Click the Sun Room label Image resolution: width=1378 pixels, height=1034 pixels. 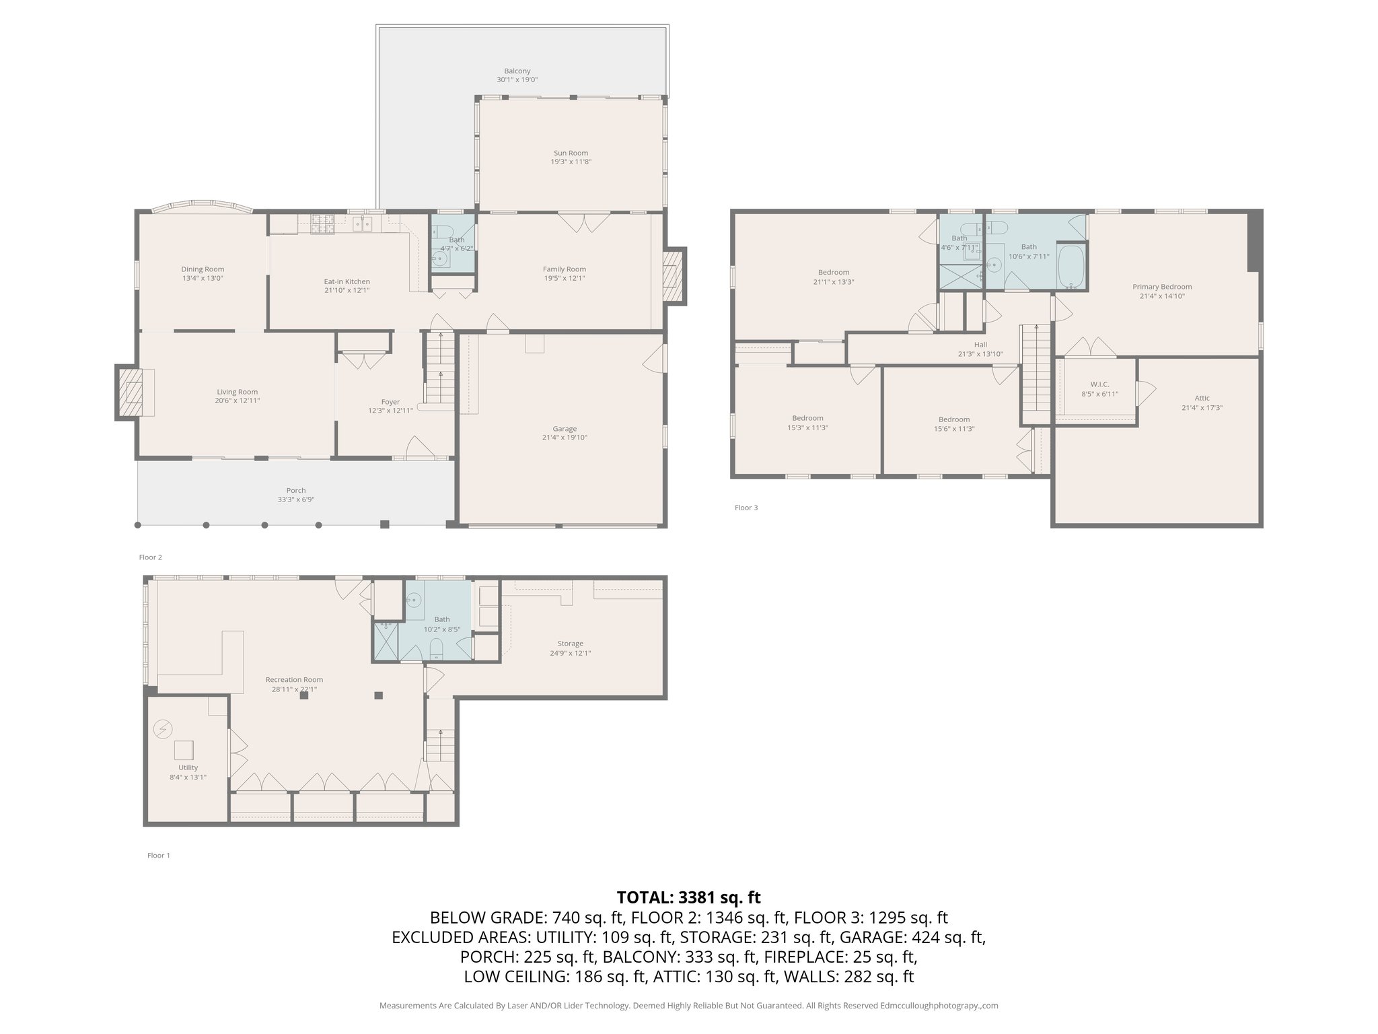point(571,153)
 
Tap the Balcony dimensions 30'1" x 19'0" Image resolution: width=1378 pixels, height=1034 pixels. point(517,79)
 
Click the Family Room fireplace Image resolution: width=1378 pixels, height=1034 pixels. point(671,276)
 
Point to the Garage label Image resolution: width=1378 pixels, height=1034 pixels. point(565,429)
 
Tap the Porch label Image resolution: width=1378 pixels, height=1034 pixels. point(296,490)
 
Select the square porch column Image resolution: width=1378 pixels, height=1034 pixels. point(385,524)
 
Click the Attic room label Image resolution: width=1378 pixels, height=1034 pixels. point(1202,398)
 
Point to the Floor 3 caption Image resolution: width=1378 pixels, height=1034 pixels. point(746,508)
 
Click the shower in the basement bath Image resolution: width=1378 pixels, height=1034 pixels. point(386,642)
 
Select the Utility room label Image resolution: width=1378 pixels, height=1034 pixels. point(188,767)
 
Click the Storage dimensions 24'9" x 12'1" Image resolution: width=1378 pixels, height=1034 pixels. point(570,653)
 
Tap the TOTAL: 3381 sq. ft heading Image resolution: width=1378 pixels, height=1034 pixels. point(688,897)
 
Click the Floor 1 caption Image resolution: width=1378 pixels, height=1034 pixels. point(159,856)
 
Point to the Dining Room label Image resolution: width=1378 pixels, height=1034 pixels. point(203,269)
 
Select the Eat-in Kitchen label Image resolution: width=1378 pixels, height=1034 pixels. point(347,281)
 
